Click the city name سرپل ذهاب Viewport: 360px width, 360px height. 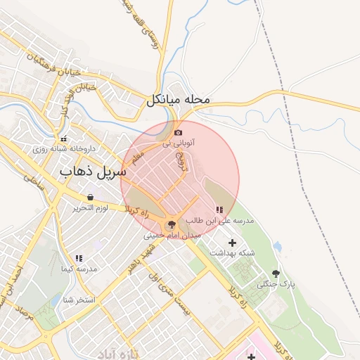93,171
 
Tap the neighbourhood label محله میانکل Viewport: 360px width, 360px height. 179,101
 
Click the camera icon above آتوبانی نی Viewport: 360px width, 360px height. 178,132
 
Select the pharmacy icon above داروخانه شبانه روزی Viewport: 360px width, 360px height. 64,139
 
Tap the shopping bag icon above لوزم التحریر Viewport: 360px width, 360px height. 90,198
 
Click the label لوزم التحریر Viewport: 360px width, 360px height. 90,208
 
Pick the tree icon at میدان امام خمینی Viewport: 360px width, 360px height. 170,224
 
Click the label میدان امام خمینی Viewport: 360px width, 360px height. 172,236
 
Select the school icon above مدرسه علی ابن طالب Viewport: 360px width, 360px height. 219,210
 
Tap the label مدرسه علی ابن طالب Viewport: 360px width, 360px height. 219,221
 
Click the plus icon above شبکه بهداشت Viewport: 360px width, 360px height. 233,242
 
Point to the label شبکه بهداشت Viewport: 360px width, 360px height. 232,252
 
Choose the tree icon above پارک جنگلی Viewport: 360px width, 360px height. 276,274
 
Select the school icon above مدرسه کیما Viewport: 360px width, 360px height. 79,259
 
